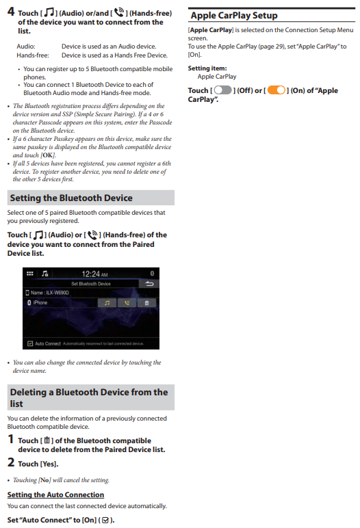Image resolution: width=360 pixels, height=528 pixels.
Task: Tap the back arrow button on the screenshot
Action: click(x=149, y=284)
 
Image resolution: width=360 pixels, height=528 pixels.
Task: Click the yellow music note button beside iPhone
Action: click(x=107, y=303)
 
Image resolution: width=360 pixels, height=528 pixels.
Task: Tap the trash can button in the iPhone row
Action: click(x=146, y=303)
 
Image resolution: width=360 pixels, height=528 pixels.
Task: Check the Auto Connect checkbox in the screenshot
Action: click(x=30, y=343)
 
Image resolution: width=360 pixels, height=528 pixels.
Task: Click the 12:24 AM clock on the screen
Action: click(x=94, y=274)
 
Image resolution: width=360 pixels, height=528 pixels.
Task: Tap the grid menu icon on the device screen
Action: click(x=29, y=274)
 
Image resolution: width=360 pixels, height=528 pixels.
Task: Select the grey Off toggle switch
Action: click(x=223, y=90)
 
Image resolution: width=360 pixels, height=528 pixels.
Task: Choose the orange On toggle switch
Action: click(x=277, y=90)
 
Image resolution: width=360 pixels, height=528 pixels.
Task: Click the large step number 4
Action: click(x=11, y=12)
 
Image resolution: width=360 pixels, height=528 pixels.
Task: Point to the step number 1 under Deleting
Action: click(x=11, y=439)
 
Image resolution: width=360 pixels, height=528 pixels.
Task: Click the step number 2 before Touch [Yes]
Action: click(x=11, y=462)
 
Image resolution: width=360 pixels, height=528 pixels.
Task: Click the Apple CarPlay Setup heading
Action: click(x=234, y=16)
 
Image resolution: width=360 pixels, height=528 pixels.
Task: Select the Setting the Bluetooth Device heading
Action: click(x=71, y=198)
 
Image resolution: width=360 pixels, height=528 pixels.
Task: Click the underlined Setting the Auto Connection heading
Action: click(x=55, y=494)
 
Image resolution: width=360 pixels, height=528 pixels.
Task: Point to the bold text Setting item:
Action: click(x=207, y=68)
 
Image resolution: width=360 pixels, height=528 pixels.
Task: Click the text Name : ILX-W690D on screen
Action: click(x=49, y=293)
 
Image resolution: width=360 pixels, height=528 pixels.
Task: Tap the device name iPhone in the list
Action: click(x=40, y=303)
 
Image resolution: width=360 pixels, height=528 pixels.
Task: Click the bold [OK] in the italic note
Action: click(x=47, y=155)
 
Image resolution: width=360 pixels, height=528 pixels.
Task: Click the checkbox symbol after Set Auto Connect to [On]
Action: click(x=105, y=520)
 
